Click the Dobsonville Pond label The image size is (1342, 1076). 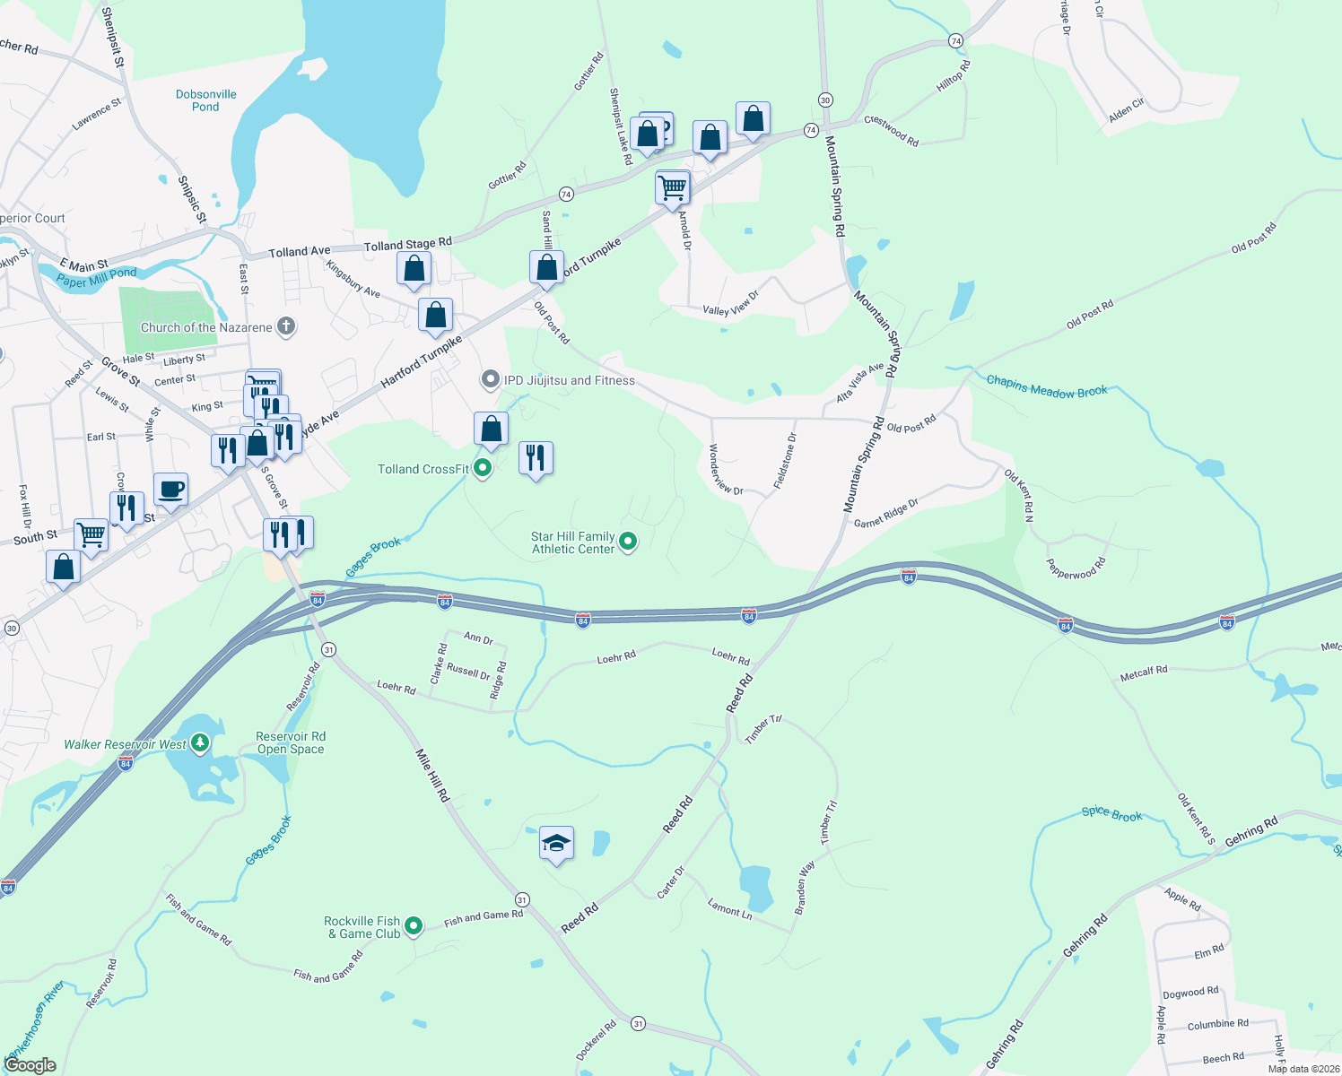pos(205,100)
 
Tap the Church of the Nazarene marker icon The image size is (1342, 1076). pos(286,326)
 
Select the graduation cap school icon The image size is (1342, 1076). pos(556,844)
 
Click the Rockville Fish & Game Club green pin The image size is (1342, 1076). pos(414,926)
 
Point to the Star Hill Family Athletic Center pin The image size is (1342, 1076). pos(628,541)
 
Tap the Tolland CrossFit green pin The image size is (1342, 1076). pos(483,467)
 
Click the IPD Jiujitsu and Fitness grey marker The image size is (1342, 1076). pos(490,380)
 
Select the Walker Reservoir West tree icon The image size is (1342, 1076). pos(200,743)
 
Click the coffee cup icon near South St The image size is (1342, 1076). pos(170,490)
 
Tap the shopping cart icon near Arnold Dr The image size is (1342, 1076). pos(672,188)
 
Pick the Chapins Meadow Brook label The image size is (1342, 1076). pos(1047,386)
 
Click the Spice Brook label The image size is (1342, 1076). pos(1112,813)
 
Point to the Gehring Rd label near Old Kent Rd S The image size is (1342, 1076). pos(1251,831)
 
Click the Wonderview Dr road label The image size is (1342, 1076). pos(726,470)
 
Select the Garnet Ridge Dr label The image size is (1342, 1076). pos(885,514)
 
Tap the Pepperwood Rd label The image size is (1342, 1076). pos(1076,568)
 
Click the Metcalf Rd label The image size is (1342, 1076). pos(1144,672)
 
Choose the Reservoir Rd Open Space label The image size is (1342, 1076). pos(291,742)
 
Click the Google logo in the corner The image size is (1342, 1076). pos(30,1065)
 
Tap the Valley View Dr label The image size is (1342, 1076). pos(730,302)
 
